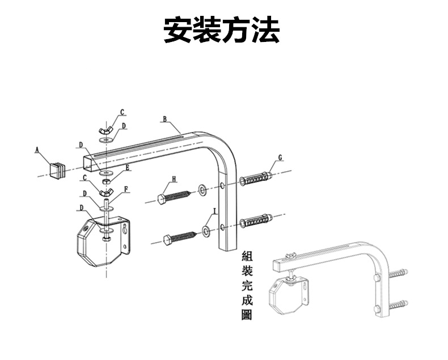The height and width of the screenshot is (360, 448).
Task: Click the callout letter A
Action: coord(37,150)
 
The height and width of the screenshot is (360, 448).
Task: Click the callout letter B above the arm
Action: coord(164,120)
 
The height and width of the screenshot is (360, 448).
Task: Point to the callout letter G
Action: coord(280,157)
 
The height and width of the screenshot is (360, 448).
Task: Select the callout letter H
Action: coord(174,179)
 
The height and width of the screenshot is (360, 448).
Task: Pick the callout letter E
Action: coord(128,167)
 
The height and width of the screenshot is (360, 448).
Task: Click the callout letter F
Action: coord(126,189)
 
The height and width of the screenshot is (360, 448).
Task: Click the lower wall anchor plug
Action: coord(257,219)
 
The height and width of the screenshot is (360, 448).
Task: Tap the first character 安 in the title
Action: coord(177,30)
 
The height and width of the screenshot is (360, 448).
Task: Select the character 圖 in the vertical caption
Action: coord(246,315)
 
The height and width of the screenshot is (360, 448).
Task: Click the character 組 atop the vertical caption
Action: coord(246,256)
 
